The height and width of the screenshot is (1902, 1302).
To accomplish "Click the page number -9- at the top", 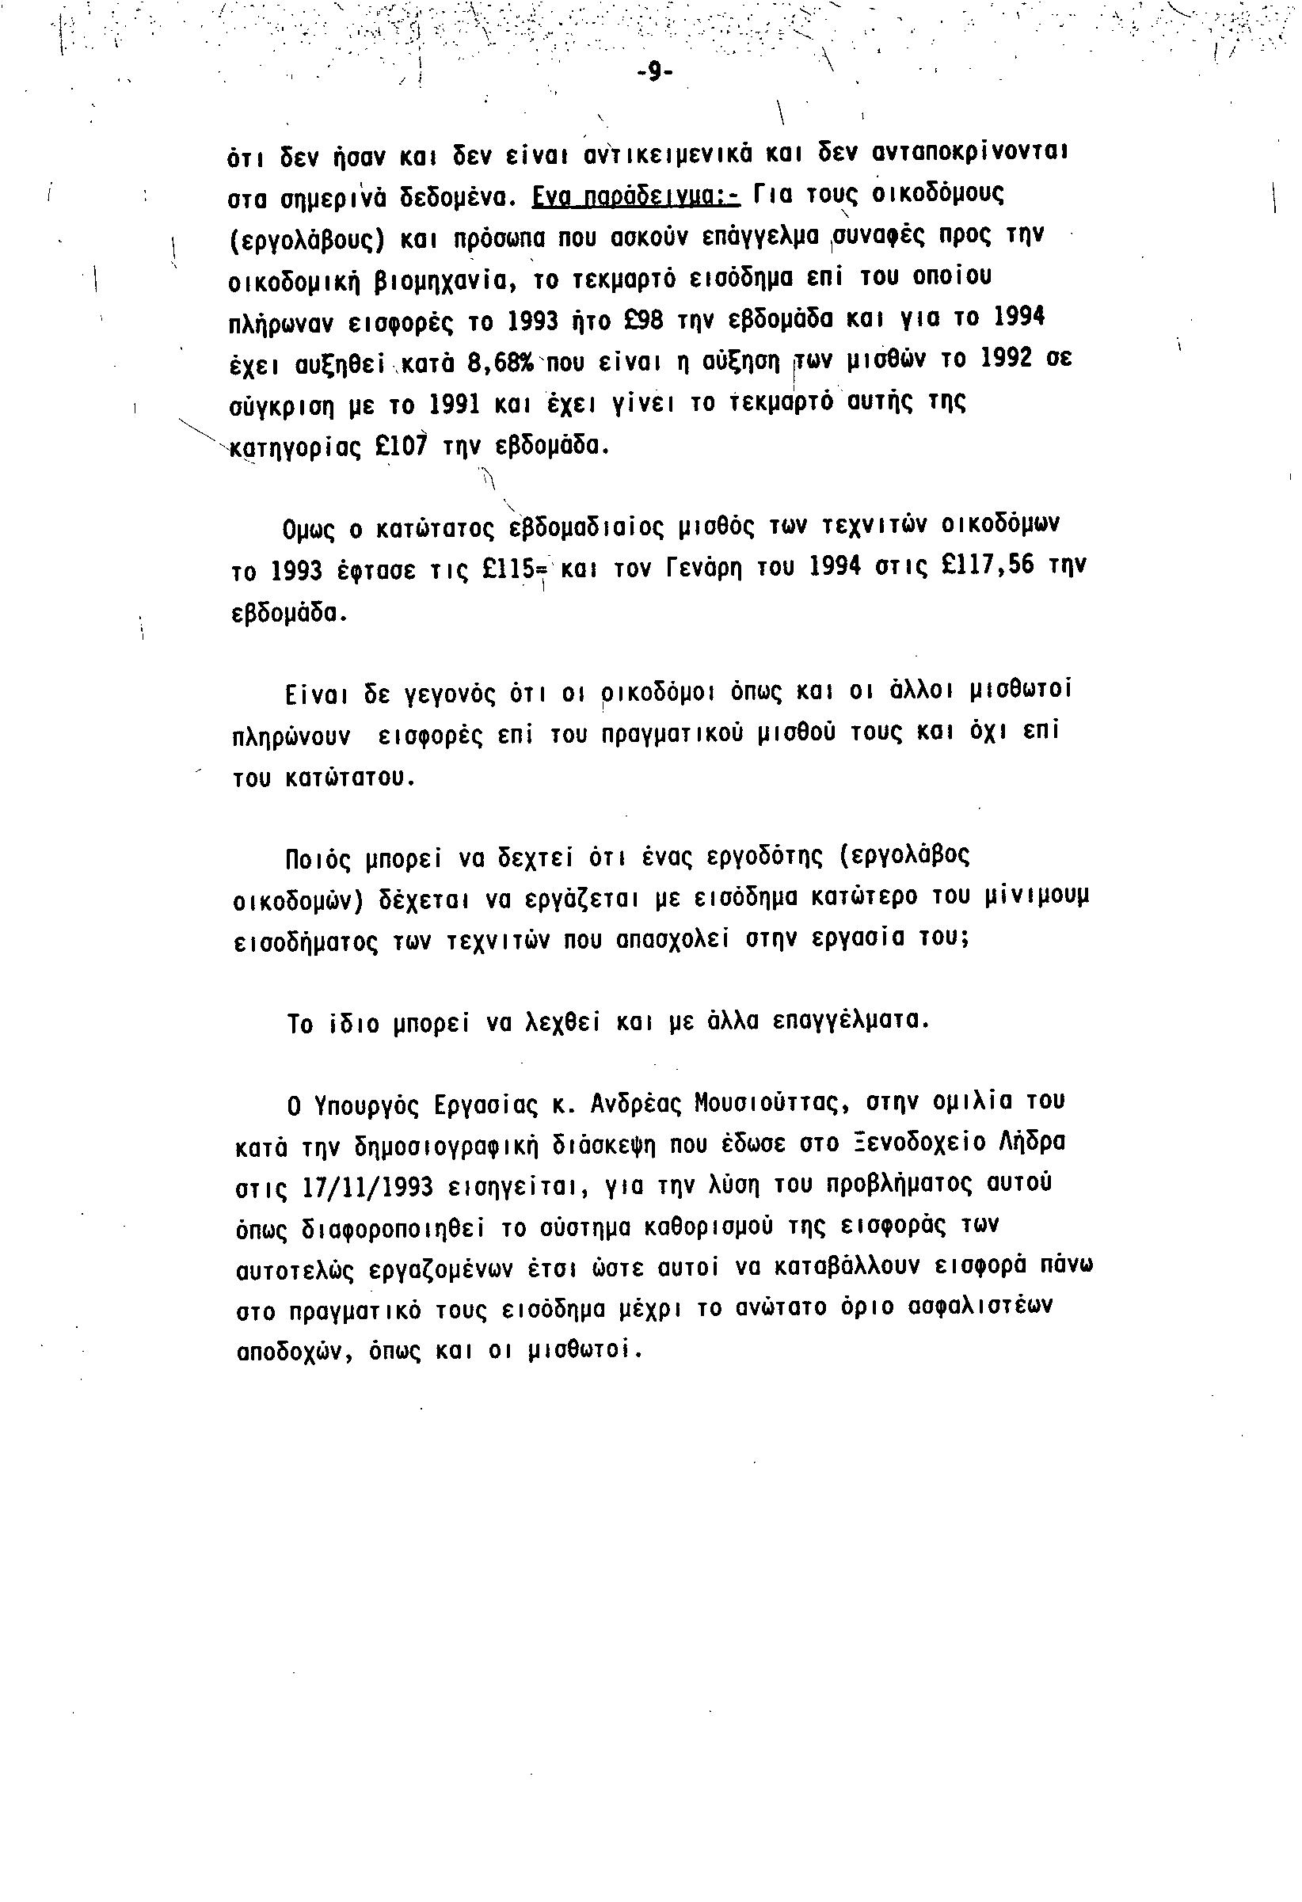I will tap(653, 73).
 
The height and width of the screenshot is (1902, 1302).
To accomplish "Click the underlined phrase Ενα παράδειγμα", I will tap(635, 196).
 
